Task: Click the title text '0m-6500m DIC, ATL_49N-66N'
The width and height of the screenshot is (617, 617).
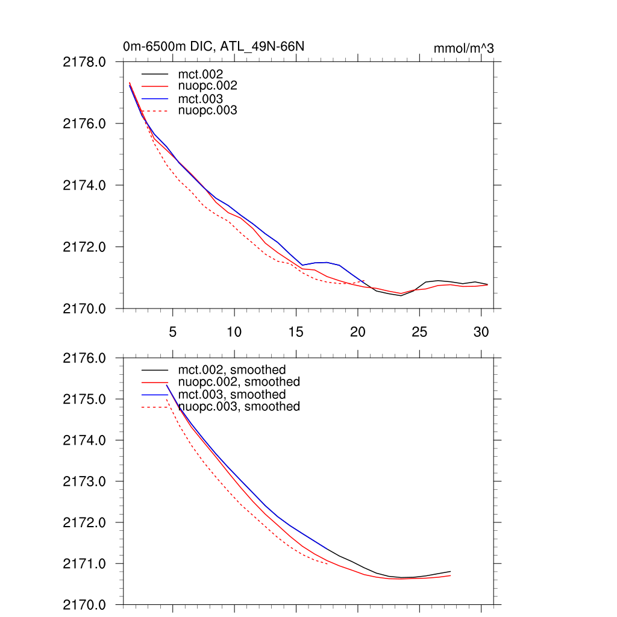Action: [x=218, y=46]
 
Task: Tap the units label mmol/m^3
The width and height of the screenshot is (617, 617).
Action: [x=463, y=48]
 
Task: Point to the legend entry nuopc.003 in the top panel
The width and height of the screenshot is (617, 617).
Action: [x=208, y=111]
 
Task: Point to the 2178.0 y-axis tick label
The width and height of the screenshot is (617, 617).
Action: [x=85, y=62]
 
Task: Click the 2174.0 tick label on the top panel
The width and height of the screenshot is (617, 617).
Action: [x=85, y=186]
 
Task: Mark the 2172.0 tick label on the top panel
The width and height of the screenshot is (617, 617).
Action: [x=85, y=247]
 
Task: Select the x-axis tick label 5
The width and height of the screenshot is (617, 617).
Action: [x=173, y=332]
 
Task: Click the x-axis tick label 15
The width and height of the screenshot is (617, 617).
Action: [x=295, y=332]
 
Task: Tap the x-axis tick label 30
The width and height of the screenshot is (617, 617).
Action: [x=481, y=332]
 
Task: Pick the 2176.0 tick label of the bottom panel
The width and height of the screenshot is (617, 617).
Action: [x=85, y=359]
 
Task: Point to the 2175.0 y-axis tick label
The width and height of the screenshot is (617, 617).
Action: [x=85, y=399]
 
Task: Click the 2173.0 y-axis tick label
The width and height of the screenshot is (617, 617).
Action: [x=85, y=482]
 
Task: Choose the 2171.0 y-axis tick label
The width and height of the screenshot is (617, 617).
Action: [x=85, y=564]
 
